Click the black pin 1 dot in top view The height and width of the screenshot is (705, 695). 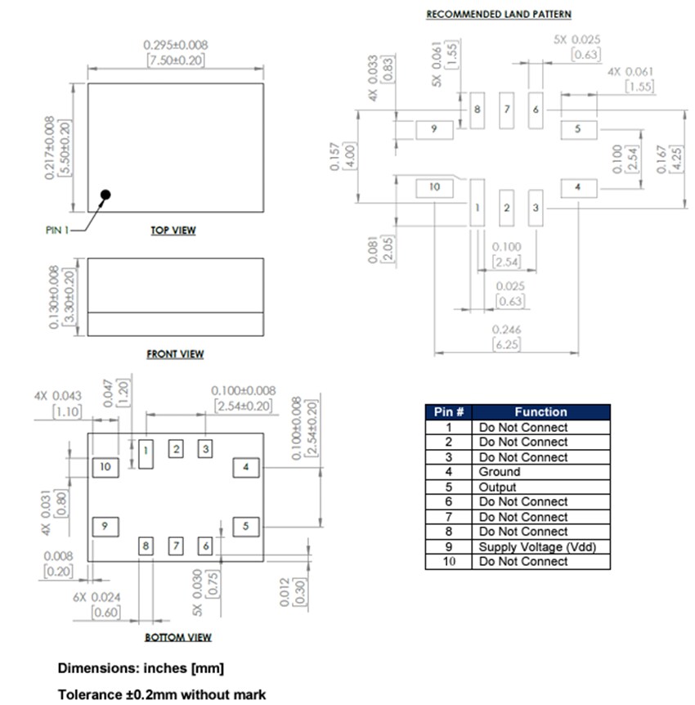[105, 195]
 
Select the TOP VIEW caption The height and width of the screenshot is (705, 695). [173, 231]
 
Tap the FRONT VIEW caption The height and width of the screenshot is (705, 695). [175, 354]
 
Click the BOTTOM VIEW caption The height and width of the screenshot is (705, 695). [177, 637]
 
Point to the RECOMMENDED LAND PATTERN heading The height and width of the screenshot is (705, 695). [498, 15]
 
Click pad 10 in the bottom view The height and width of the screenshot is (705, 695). [105, 467]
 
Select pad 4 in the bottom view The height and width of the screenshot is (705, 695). [245, 467]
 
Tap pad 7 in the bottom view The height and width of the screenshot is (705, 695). [176, 546]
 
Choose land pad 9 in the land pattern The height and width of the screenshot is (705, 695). [434, 129]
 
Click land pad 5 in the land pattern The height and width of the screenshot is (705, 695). [578, 129]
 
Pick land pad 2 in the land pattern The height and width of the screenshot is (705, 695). [506, 208]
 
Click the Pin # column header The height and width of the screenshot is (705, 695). [449, 412]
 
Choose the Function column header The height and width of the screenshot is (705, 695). [540, 412]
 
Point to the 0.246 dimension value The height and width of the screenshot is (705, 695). [507, 330]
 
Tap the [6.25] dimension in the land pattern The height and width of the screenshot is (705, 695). [507, 345]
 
